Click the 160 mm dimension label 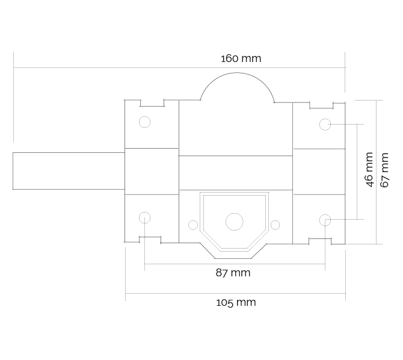241,58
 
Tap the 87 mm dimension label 233,273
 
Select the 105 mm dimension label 236,302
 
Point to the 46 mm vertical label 369,170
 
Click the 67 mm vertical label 384,170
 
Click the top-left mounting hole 145,122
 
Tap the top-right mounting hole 325,124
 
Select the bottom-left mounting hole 145,218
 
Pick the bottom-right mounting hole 325,220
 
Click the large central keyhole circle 235,222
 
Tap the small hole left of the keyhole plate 193,225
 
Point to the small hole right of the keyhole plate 275,225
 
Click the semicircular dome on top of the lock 237,87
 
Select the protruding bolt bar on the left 69,171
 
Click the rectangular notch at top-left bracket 152,103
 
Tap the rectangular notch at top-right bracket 322,105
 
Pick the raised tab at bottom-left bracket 150,240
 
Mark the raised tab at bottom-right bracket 320,241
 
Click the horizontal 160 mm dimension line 179,68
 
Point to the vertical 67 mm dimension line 377,172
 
